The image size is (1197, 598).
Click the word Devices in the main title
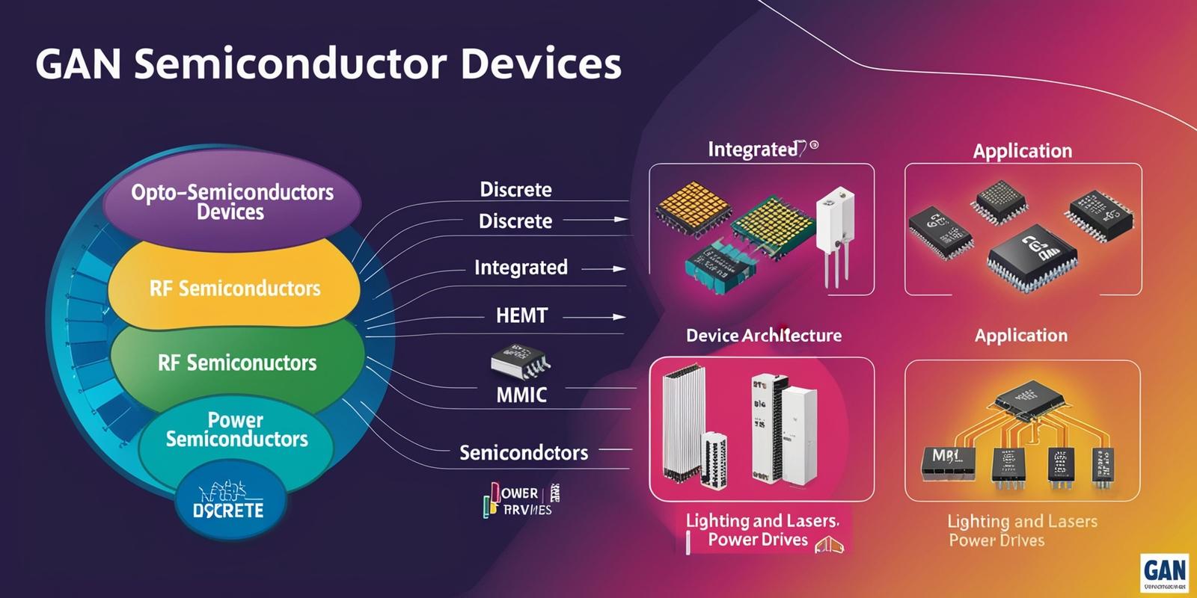pos(540,64)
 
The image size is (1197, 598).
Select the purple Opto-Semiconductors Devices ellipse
pos(232,202)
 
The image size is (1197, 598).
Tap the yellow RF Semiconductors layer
pos(235,289)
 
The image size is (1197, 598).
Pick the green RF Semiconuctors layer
pos(237,363)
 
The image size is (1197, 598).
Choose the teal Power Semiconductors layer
pos(236,430)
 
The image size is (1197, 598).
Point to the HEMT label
pos(521,315)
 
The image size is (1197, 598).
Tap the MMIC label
pos(521,395)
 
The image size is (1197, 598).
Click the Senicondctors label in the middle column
pos(524,452)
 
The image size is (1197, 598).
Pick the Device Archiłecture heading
pos(763,336)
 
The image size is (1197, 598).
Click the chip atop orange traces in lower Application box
pos(1028,397)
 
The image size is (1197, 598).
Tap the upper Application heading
pos(1022,151)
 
